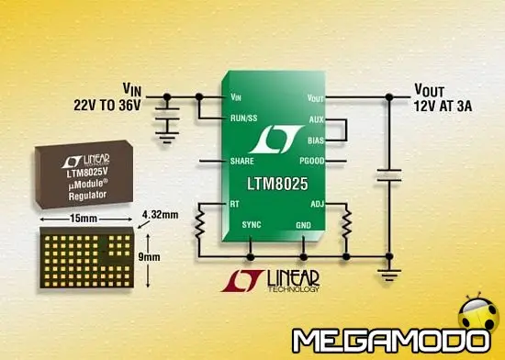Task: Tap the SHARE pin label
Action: coord(241,161)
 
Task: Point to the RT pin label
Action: coord(235,204)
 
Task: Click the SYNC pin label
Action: coord(251,224)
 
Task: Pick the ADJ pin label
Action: coord(317,204)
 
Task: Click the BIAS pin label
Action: coord(315,140)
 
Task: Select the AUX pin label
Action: coord(316,118)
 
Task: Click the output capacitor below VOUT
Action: coord(390,174)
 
